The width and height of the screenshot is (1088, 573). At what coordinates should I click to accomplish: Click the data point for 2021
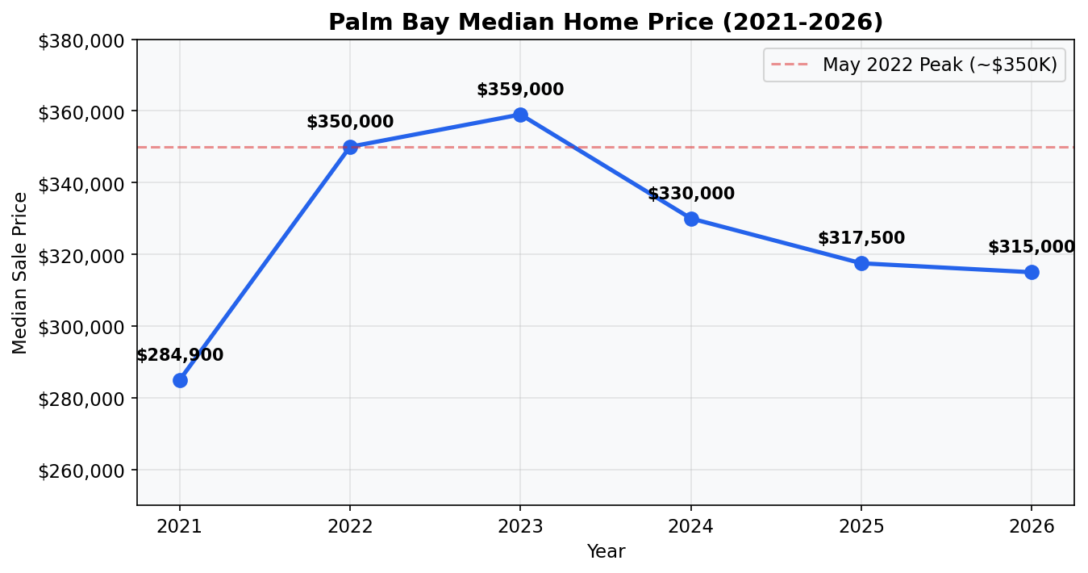click(x=180, y=380)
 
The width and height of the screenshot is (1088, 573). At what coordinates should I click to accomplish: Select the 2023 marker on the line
click(x=520, y=115)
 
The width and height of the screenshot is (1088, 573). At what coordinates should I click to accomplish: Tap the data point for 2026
click(x=1032, y=272)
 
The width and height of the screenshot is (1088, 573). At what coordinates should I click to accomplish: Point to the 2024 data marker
click(x=691, y=219)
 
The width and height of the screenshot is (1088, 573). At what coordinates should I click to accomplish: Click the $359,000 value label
click(x=520, y=90)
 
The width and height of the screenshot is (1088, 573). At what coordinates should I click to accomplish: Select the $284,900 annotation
click(x=180, y=356)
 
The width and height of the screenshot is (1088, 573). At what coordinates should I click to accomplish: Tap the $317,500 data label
click(x=861, y=239)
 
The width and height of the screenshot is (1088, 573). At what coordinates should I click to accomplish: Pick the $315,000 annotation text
click(x=1032, y=248)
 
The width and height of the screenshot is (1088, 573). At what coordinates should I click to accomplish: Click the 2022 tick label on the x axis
click(x=350, y=527)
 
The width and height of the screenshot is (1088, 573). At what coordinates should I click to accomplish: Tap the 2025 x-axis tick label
click(x=861, y=527)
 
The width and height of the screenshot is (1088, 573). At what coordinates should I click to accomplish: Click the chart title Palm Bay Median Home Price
click(x=606, y=23)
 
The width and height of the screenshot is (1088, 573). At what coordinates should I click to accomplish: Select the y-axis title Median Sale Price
click(x=20, y=273)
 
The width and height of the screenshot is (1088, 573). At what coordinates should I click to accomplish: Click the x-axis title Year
click(x=606, y=552)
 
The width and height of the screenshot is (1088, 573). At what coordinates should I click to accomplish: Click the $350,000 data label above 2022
click(x=350, y=123)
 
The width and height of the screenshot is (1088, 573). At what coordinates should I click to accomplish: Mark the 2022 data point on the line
click(x=350, y=147)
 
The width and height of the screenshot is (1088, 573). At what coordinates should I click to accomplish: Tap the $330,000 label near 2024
click(x=691, y=194)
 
